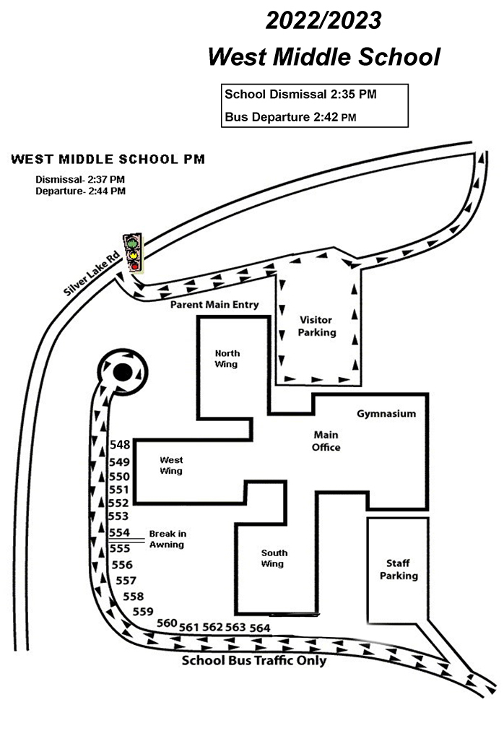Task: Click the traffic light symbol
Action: point(134,253)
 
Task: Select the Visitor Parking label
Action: point(316,326)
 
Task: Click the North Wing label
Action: point(227,359)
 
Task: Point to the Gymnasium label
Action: point(386,414)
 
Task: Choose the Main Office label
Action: point(326,441)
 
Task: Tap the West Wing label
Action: point(171,465)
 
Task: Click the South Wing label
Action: point(274,558)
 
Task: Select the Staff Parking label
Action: point(399,569)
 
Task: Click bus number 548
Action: point(120,445)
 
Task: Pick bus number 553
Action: point(118,516)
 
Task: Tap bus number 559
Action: point(143,612)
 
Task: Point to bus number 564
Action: point(260,628)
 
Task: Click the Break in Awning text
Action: point(168,539)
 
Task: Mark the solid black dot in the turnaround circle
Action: point(122,372)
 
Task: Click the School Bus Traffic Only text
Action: point(254,661)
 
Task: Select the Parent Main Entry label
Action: point(214,304)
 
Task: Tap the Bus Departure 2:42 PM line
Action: point(290,117)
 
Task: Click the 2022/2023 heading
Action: point(323,20)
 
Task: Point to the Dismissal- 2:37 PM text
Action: point(80,180)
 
